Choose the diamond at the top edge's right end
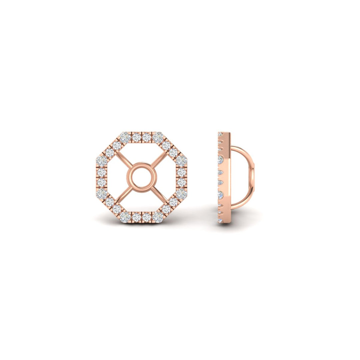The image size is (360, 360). [157, 137]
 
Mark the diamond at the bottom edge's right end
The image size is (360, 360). [157, 217]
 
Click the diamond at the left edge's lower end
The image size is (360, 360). [101, 193]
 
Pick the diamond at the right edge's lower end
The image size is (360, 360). [181, 193]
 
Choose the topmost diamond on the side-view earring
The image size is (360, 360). [220, 134]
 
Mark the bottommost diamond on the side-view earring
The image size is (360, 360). [220, 220]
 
